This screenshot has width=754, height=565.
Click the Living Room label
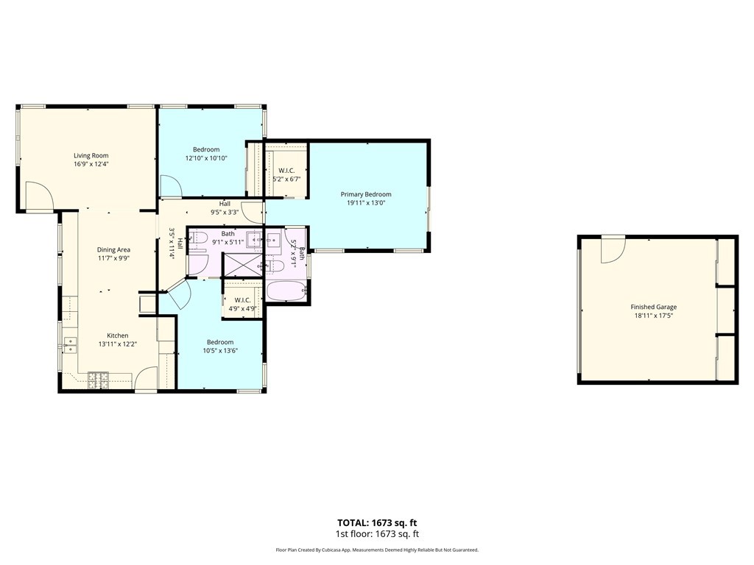point(91,156)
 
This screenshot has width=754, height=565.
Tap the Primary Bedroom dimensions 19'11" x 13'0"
point(366,203)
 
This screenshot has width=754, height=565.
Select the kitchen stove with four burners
point(98,380)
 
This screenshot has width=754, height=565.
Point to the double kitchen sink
point(70,345)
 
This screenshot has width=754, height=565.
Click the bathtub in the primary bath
point(286,291)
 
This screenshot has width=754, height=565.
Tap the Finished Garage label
point(654,307)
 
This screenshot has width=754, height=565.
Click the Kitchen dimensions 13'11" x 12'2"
point(117,344)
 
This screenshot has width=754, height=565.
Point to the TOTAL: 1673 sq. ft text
point(377,523)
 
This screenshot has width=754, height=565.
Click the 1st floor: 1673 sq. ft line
point(377,534)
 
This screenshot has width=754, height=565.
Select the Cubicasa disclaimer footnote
point(377,550)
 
